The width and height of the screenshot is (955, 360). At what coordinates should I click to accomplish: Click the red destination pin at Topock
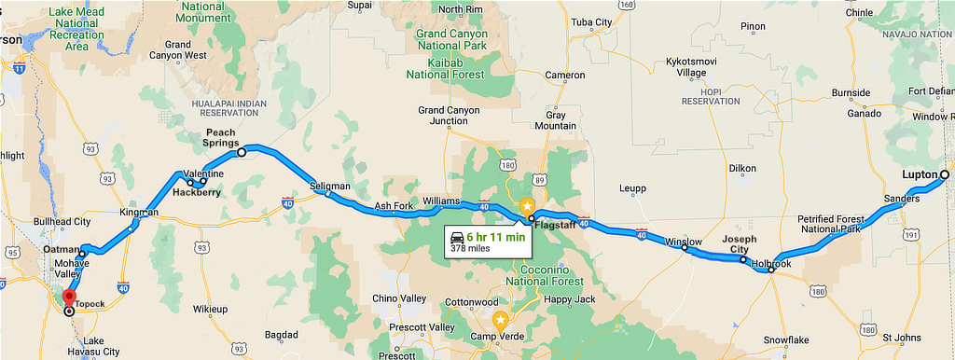[x=68, y=298]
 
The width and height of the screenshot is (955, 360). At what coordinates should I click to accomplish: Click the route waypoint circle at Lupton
[x=944, y=174]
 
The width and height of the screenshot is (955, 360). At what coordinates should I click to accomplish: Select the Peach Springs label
[x=220, y=139]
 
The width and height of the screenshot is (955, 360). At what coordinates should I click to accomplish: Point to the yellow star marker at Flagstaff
[x=527, y=206]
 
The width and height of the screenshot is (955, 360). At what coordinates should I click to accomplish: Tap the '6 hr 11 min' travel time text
[x=496, y=236]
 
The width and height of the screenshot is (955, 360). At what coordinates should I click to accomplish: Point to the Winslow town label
[x=683, y=242]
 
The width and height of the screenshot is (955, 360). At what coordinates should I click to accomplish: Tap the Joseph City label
[x=739, y=244]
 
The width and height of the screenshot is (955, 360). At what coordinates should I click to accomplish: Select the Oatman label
[x=62, y=250]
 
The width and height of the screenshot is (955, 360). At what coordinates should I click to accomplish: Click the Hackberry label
[x=196, y=193]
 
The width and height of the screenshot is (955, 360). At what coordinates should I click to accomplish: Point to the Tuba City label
[x=590, y=22]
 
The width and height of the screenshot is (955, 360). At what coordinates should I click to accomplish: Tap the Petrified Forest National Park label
[x=830, y=224]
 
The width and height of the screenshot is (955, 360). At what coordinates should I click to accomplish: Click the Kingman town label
[x=139, y=213]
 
